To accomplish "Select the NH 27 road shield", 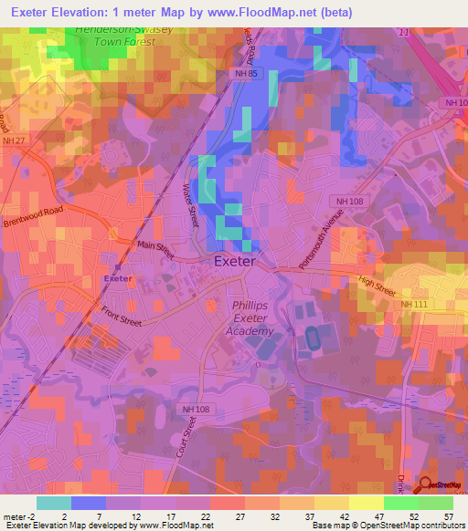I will click(15, 141).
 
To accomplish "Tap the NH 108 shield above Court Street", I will click(197, 410).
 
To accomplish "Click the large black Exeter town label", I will click(234, 261).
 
